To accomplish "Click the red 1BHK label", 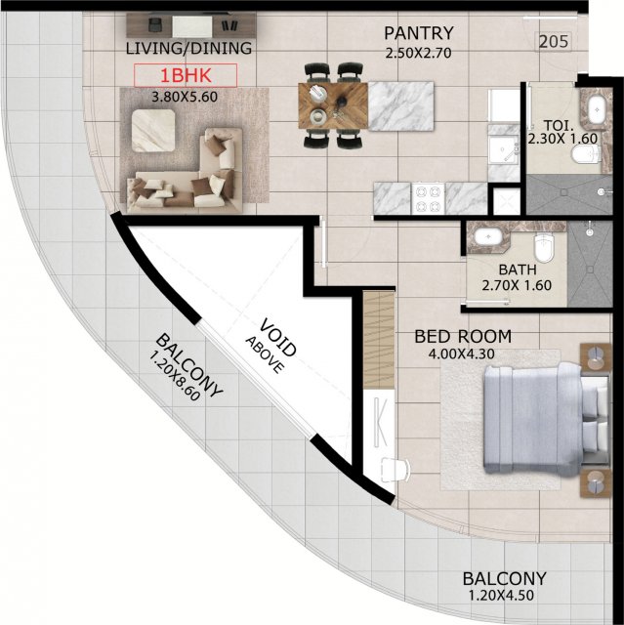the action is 186,75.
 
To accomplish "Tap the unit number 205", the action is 554,41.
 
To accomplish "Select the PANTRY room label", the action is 419,33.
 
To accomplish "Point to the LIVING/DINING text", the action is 188,48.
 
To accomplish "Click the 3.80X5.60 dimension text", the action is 185,97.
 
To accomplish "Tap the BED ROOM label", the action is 463,336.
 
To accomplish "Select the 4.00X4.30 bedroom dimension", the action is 462,354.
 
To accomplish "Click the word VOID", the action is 278,337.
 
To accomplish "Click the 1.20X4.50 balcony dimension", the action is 501,596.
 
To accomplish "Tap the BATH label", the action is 518,270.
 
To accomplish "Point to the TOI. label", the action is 559,126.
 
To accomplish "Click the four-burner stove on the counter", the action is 429,198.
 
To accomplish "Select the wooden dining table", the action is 333,105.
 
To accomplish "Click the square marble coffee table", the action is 153,131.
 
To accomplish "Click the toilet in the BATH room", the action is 544,246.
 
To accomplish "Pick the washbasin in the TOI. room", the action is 597,108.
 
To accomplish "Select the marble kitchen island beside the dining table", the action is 400,106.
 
